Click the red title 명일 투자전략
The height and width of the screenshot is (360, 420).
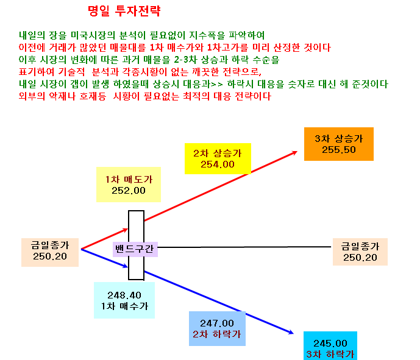124,11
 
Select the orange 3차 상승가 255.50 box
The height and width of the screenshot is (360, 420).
339,144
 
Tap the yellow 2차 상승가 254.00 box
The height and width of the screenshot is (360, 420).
218,159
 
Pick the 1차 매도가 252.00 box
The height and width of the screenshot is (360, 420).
129,185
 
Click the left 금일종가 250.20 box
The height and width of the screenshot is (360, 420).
50,252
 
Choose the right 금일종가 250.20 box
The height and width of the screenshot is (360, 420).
360,252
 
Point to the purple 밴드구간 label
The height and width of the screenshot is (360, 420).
135,249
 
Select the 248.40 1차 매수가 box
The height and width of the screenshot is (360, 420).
124,300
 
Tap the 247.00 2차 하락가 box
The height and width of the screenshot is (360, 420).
217,329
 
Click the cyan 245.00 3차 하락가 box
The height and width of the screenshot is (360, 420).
330,346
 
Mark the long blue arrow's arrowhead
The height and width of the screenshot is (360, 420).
291,333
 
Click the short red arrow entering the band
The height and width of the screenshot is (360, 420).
105,239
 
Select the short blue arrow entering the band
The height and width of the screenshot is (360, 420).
105,258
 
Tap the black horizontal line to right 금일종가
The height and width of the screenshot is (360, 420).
244,247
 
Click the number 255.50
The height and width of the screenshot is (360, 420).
339,150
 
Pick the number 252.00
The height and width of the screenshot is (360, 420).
129,191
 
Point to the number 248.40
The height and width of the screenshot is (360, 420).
124,295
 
